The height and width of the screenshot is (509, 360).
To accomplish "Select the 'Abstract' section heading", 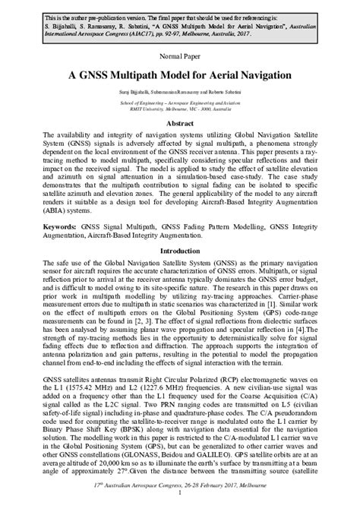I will pos(179,122).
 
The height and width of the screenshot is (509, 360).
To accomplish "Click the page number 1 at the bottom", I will pos(180,501).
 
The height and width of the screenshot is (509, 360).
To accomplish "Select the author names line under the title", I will pos(179,91).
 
